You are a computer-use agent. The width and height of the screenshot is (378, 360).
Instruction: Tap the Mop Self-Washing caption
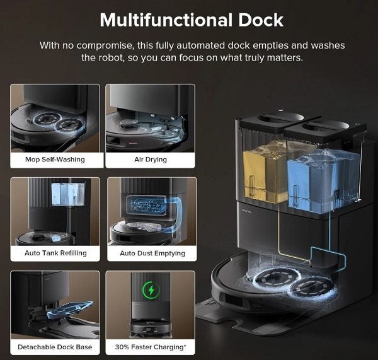(55, 160)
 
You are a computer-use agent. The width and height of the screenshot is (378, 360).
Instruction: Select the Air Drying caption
(151, 160)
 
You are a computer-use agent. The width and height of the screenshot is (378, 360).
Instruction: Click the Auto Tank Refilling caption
(55, 253)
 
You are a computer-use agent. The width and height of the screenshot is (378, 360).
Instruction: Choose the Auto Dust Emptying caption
(152, 253)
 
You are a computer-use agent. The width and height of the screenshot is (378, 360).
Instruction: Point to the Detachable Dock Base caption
(55, 347)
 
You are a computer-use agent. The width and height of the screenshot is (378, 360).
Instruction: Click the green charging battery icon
(151, 291)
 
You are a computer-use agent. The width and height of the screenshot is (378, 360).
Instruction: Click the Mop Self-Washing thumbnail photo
(55, 118)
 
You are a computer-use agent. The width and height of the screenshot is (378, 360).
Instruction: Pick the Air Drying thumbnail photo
(151, 118)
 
